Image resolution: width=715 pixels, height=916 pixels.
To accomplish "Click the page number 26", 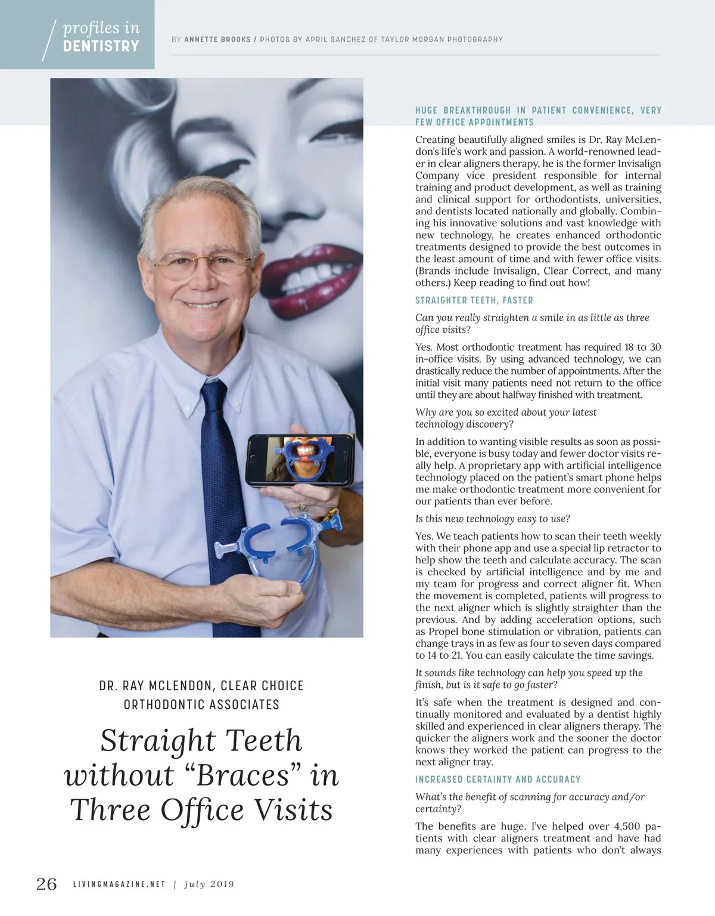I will [x=46, y=884].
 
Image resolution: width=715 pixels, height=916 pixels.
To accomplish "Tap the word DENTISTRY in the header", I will [x=101, y=46].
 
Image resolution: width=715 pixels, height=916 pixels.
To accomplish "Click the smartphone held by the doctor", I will [x=299, y=460].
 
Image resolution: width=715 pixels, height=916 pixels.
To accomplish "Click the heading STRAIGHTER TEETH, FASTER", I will [x=474, y=300].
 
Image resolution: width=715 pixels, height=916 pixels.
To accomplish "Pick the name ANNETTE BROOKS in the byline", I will [x=217, y=39].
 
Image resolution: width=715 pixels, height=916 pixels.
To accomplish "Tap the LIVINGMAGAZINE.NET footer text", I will [x=119, y=884].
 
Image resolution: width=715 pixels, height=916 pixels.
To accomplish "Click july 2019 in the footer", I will [x=209, y=884].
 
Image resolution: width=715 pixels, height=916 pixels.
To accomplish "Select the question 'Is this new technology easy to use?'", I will [x=492, y=519].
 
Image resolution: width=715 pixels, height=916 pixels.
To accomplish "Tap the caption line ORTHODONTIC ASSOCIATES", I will [x=201, y=705].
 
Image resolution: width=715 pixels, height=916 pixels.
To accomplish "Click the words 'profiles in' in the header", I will [x=101, y=28].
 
